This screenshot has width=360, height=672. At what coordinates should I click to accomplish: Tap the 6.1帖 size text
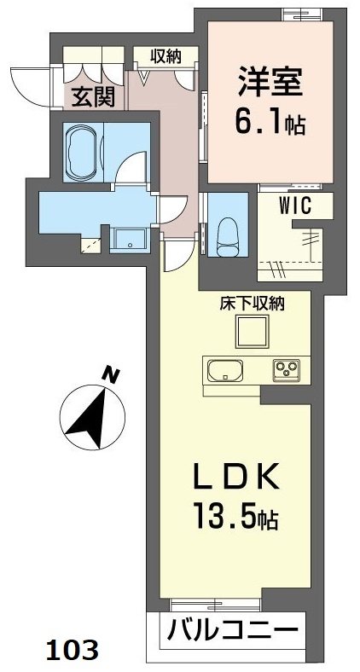click(270, 125)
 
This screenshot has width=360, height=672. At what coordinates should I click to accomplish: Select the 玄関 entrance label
click(93, 96)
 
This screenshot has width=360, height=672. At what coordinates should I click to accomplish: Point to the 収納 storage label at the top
click(165, 57)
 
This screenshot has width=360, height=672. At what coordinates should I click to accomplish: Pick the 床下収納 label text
click(255, 303)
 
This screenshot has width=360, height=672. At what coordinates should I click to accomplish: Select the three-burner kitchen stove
click(287, 370)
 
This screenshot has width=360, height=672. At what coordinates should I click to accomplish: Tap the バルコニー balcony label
click(233, 634)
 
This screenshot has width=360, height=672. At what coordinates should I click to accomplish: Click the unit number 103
click(71, 649)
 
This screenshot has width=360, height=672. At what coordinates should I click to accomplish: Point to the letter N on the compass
click(110, 374)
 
